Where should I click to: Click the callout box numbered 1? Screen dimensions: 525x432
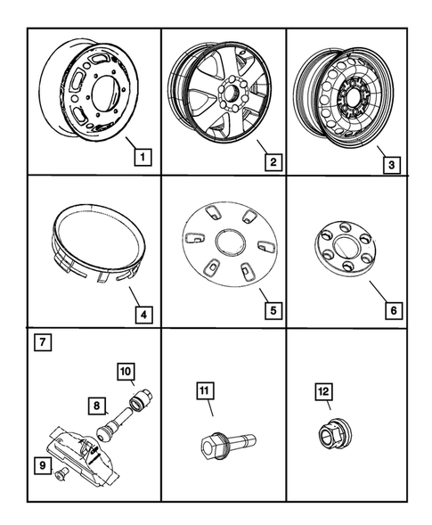(141, 160)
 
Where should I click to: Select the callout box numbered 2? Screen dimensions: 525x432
(273, 161)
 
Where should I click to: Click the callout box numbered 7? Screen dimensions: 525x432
(41, 341)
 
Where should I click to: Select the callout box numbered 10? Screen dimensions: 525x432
(126, 370)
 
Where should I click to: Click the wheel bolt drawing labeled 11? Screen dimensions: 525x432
(227, 442)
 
